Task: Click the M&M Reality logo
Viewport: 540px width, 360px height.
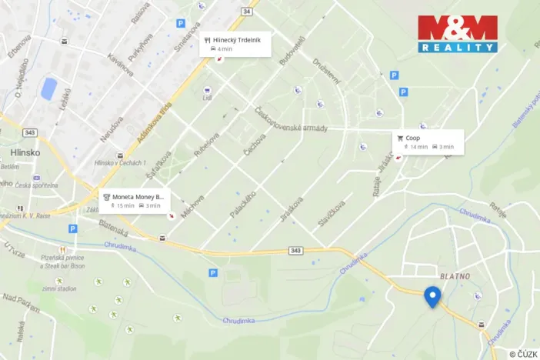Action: coord(458,34)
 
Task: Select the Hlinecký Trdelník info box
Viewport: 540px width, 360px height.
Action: coord(235,43)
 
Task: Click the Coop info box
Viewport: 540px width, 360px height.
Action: coord(429,142)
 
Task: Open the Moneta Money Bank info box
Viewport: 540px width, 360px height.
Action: coord(134,201)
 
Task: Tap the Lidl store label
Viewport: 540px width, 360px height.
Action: coord(206,98)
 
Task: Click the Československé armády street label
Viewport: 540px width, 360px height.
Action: coord(292,119)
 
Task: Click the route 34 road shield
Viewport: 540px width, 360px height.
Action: coord(246,12)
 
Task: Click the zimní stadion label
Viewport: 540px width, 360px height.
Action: coord(59,288)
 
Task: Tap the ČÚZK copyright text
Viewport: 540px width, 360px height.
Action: coord(523,353)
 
